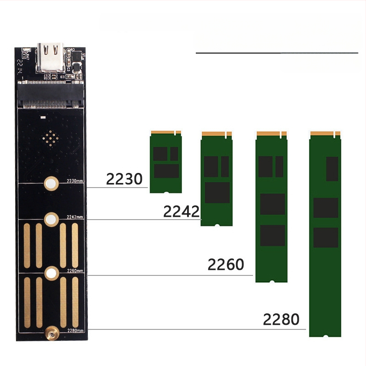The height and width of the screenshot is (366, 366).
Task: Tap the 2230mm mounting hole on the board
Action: pyautogui.click(x=50, y=184)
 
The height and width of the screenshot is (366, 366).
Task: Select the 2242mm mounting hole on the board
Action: pyautogui.click(x=50, y=219)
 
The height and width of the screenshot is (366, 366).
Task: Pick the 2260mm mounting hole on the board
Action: pyautogui.click(x=51, y=274)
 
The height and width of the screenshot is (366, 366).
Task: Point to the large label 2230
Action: pyautogui.click(x=124, y=179)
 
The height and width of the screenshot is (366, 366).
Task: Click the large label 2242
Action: pyautogui.click(x=182, y=211)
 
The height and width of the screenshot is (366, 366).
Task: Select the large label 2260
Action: pyautogui.click(x=226, y=264)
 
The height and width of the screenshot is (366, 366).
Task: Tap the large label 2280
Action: pyautogui.click(x=281, y=319)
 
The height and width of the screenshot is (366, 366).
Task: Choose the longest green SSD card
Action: pyautogui.click(x=326, y=234)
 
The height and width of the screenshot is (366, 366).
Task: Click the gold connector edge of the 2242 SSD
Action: pyautogui.click(x=216, y=134)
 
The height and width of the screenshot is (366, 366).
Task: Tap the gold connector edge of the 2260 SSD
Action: pyautogui.click(x=271, y=134)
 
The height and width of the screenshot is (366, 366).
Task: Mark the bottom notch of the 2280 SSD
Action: pyautogui.click(x=326, y=335)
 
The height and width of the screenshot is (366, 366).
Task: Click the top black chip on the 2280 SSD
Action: pyautogui.click(x=332, y=168)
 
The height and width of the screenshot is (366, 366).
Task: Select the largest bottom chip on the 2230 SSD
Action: pyautogui.click(x=166, y=171)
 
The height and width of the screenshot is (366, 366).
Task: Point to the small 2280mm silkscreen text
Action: pyautogui.click(x=75, y=330)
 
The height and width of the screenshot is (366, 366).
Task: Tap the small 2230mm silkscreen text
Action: pyautogui.click(x=75, y=181)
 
